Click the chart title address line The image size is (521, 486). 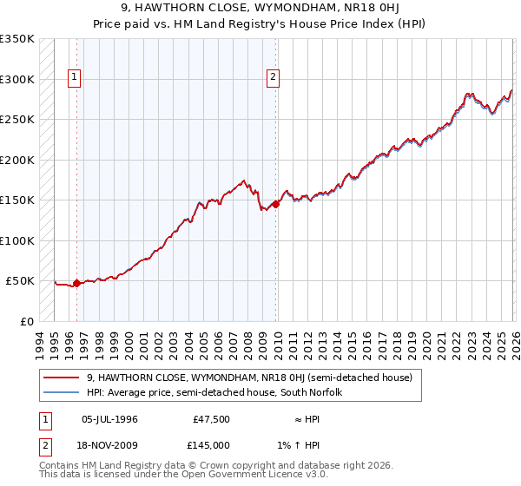click(260, 8)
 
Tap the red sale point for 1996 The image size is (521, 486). click(76, 283)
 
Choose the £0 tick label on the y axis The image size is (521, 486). click(26, 321)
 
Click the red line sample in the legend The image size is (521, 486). click(63, 378)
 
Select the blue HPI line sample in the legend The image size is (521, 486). click(63, 392)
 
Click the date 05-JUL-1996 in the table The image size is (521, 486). click(109, 419)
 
